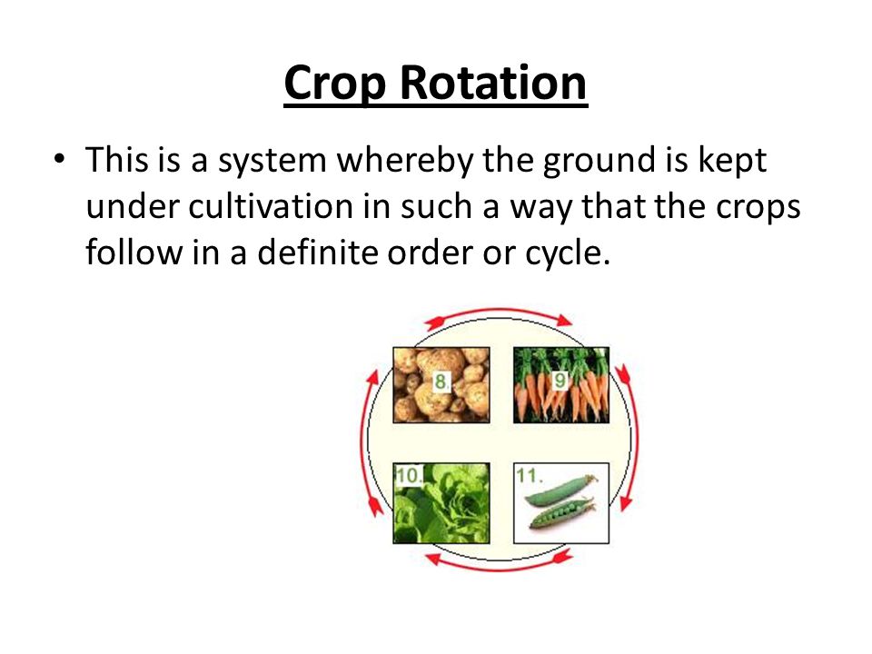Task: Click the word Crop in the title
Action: (x=335, y=84)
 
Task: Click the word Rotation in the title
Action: (x=493, y=83)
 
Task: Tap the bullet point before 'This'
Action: (x=59, y=159)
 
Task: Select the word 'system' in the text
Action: (x=272, y=163)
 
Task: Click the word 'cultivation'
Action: (x=271, y=206)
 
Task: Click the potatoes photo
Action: (x=441, y=385)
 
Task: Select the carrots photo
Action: (x=561, y=385)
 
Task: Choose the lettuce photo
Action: (x=441, y=502)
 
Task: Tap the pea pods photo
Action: (x=561, y=502)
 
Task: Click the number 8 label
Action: (x=441, y=382)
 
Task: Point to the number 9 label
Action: (x=560, y=381)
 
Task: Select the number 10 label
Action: (x=409, y=475)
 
